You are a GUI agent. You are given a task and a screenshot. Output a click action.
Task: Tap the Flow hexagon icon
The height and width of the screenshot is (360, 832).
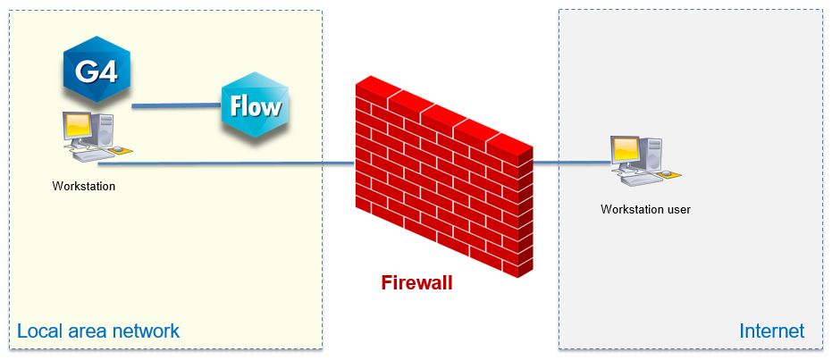click(256, 106)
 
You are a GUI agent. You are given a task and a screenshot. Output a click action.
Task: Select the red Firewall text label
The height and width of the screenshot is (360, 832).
click(416, 283)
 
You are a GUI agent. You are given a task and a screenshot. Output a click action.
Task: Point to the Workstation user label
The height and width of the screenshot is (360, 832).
click(645, 210)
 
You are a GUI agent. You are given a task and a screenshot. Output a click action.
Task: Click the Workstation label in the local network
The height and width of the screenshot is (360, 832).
click(84, 187)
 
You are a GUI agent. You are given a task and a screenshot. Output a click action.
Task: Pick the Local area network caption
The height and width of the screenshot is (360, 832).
click(98, 331)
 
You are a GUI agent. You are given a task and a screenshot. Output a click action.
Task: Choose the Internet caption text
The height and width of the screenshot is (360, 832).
click(771, 331)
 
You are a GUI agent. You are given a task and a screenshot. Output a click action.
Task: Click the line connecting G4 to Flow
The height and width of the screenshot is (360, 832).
click(177, 106)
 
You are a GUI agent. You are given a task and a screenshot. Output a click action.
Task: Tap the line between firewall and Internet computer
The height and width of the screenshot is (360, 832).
click(572, 163)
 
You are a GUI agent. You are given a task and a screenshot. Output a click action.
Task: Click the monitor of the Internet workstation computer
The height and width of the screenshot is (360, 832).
click(624, 151)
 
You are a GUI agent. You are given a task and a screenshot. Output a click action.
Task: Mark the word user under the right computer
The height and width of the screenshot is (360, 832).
click(677, 210)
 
